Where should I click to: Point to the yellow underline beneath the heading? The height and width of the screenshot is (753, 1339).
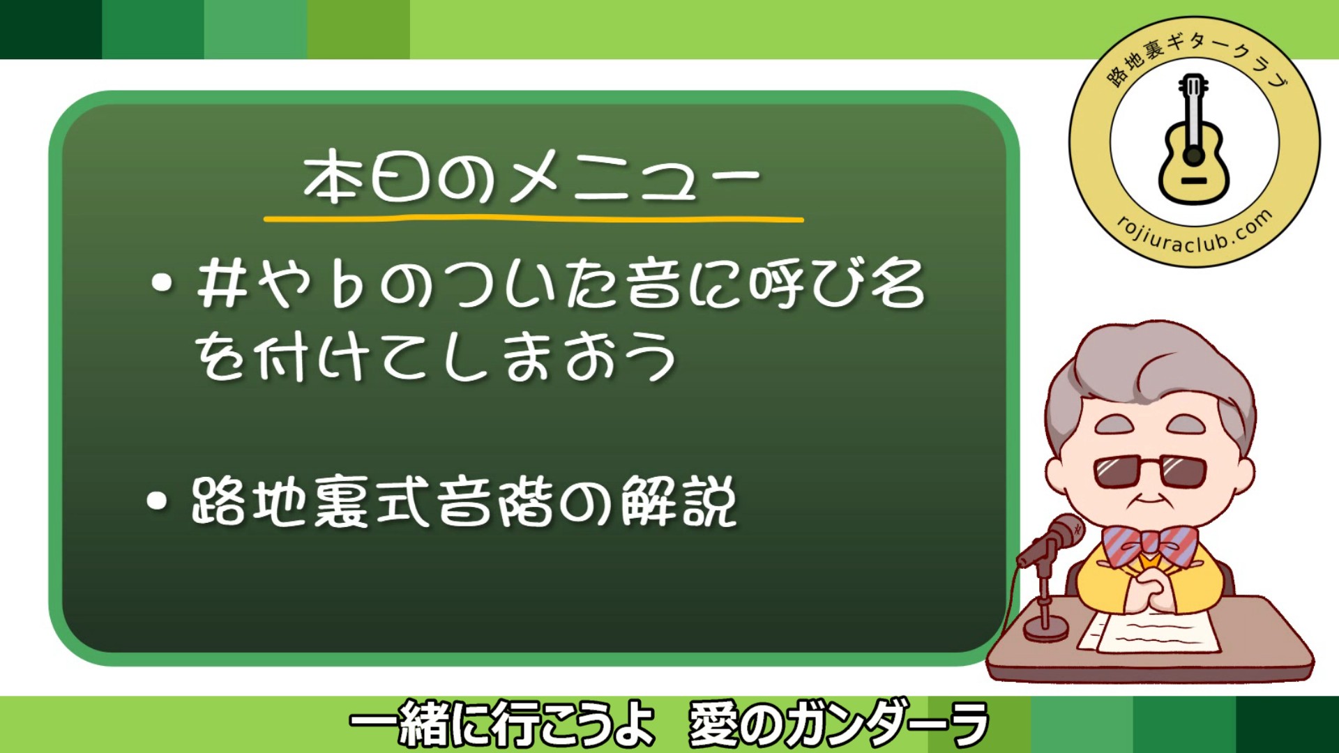point(534,220)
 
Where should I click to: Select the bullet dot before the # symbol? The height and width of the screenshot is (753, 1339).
point(162,283)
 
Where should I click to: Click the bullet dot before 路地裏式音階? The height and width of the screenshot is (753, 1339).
point(158,501)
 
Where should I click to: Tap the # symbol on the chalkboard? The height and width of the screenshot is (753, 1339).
point(222,284)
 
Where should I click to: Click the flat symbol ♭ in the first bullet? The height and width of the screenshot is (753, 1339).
point(347,286)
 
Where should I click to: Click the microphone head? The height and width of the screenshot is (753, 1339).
point(1061,533)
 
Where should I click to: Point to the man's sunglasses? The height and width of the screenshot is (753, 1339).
point(1149,471)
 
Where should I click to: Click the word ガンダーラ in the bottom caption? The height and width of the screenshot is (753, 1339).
point(886,725)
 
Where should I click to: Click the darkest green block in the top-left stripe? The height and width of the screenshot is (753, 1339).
point(50,29)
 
